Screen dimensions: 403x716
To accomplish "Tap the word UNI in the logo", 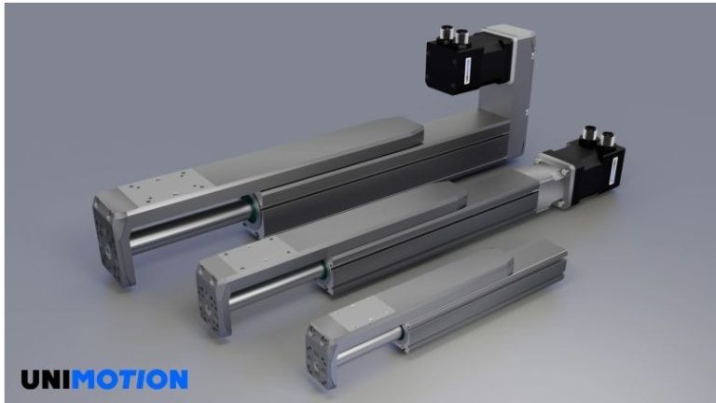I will [x=46, y=379].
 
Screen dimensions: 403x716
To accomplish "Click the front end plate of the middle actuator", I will [x=213, y=294].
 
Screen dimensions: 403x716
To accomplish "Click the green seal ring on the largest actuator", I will [x=250, y=214].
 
